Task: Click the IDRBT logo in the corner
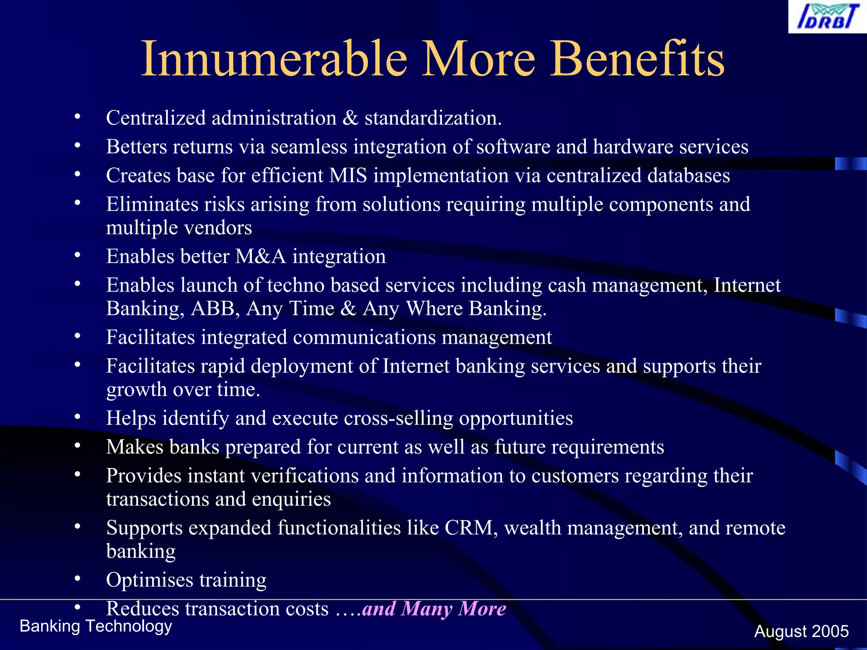pyautogui.click(x=827, y=17)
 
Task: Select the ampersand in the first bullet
pyautogui.click(x=350, y=118)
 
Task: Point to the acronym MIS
pyautogui.click(x=348, y=176)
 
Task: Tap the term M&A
pyautogui.click(x=260, y=256)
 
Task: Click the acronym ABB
pyautogui.click(x=213, y=308)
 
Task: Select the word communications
pyautogui.click(x=364, y=337)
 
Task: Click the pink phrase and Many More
pyautogui.click(x=434, y=609)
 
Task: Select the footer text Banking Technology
pyautogui.click(x=96, y=626)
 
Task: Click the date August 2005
pyautogui.click(x=801, y=631)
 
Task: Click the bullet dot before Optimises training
pyautogui.click(x=77, y=578)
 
